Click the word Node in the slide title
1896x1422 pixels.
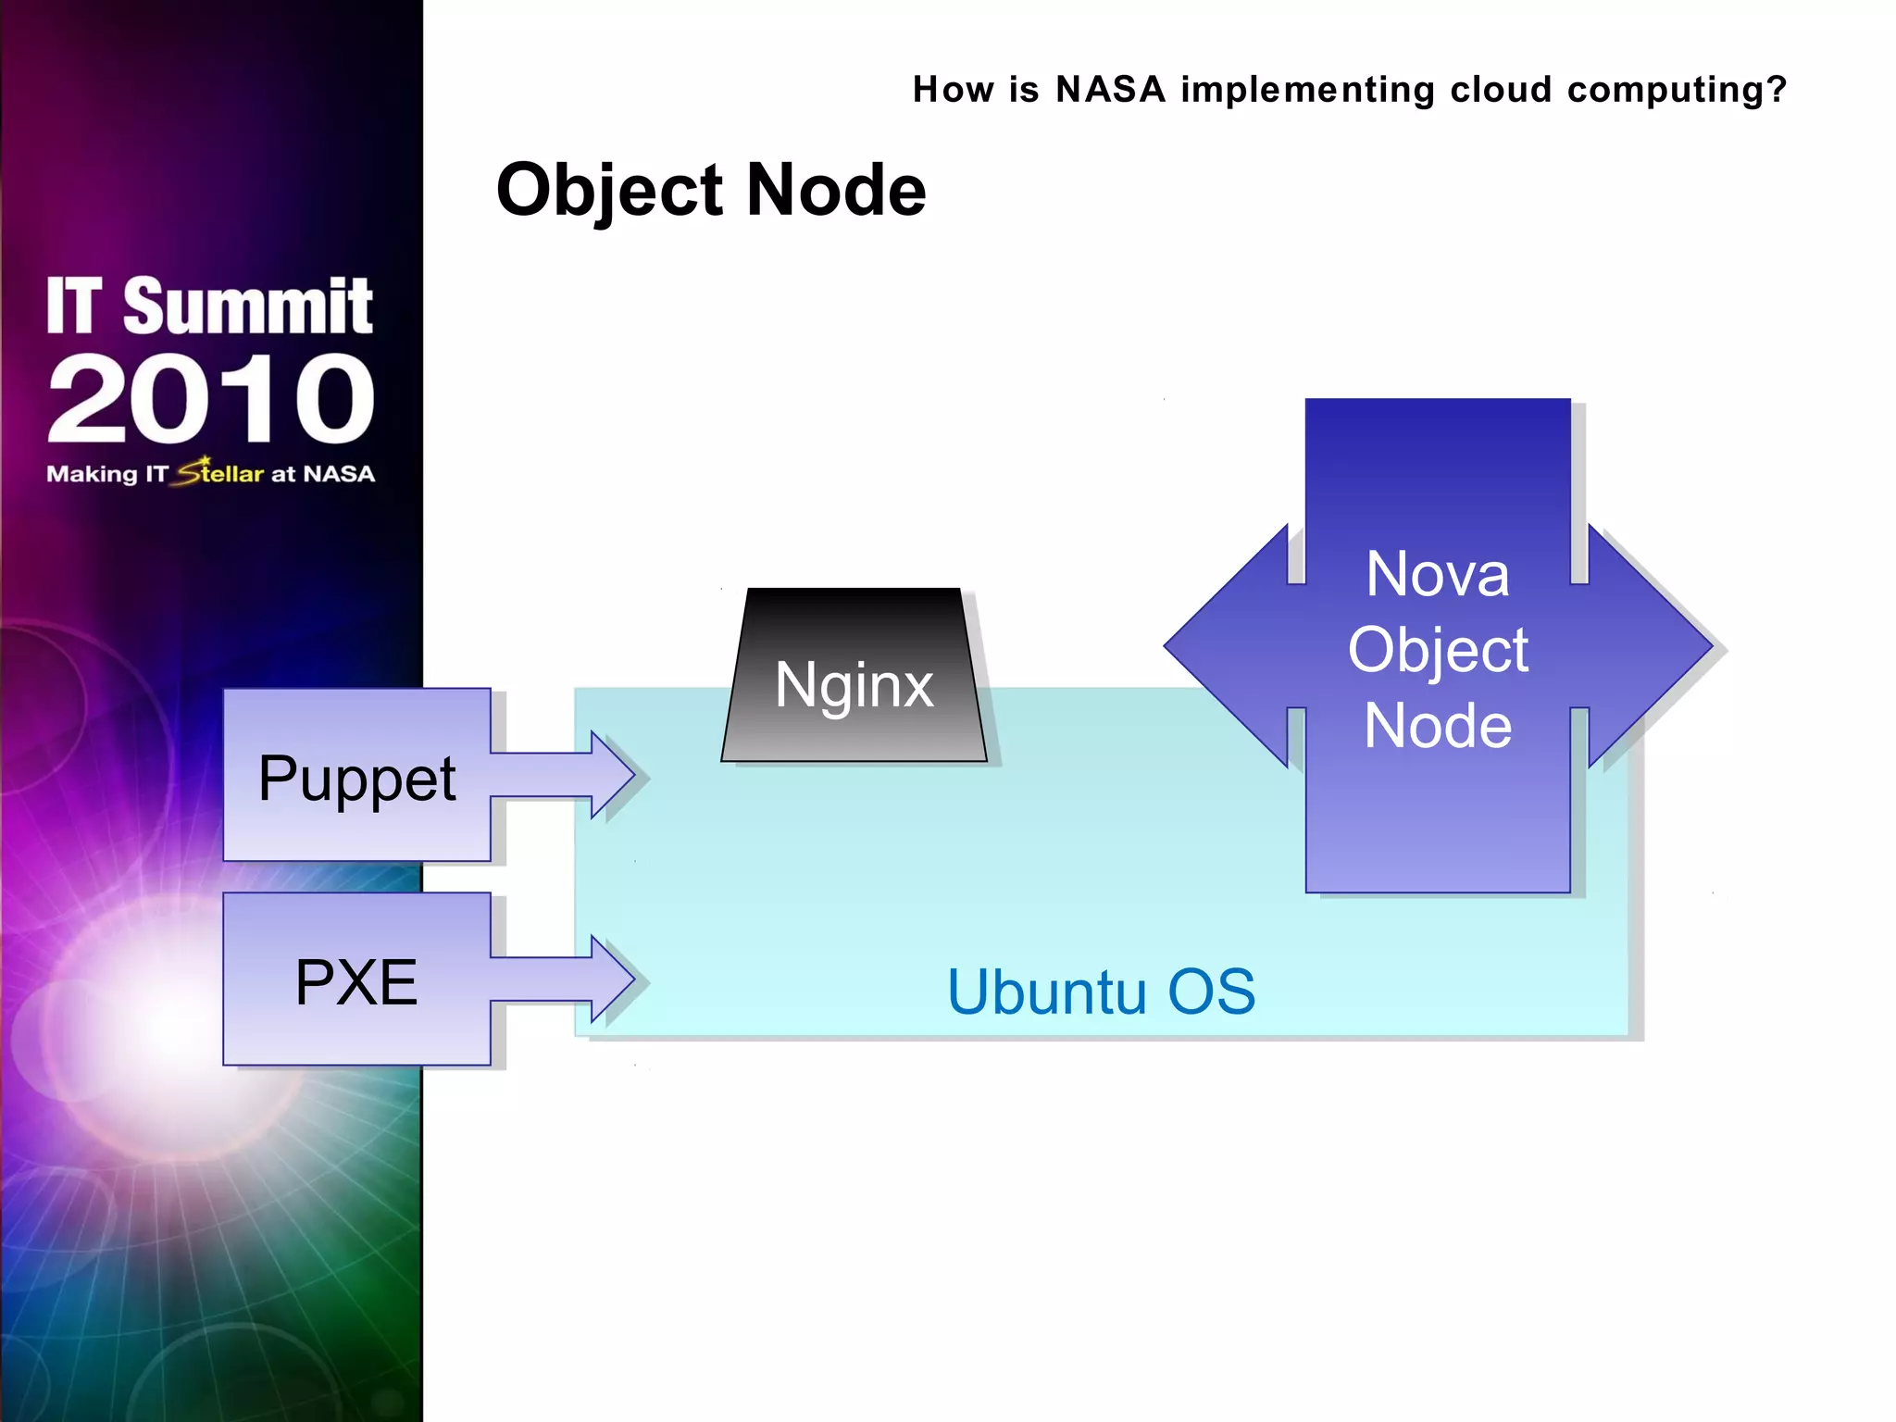tap(835, 190)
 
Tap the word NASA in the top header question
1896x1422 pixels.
tap(1110, 90)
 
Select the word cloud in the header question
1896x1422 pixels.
tap(1501, 90)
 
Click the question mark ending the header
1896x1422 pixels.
tap(1776, 90)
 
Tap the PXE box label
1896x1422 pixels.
tap(356, 981)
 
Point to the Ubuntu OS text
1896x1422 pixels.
tap(1101, 992)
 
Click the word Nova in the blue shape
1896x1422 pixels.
tap(1437, 574)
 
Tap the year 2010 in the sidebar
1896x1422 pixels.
tap(211, 400)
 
